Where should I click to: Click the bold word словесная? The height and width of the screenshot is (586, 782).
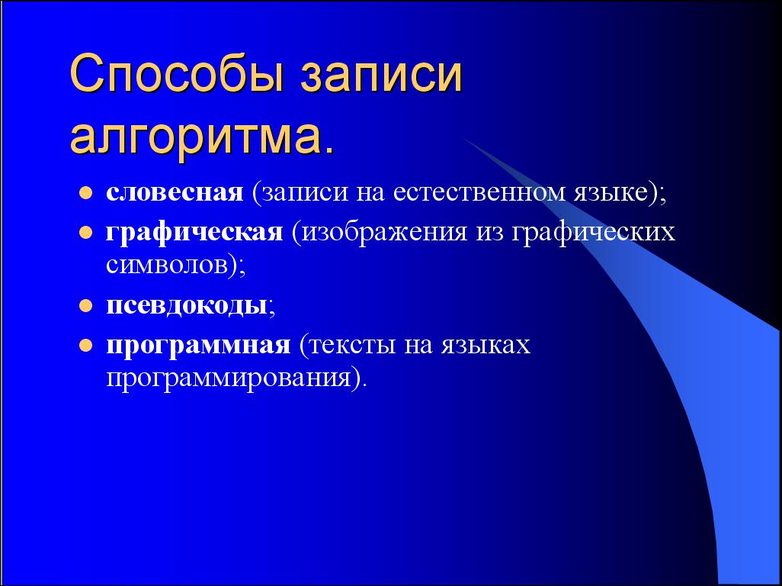click(175, 192)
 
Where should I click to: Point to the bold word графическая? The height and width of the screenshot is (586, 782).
click(194, 232)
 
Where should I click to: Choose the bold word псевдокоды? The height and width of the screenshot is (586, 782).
click(187, 305)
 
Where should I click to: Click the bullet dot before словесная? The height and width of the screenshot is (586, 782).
click(86, 193)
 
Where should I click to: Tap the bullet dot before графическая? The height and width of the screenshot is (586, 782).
click(86, 232)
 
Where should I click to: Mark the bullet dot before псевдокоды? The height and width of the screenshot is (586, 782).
click(86, 305)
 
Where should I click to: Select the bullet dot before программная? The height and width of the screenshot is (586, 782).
click(86, 345)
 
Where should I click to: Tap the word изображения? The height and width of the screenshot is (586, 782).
click(384, 233)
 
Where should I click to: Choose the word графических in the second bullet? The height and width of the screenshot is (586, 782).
click(594, 233)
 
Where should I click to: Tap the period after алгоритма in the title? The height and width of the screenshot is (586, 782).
click(328, 149)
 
